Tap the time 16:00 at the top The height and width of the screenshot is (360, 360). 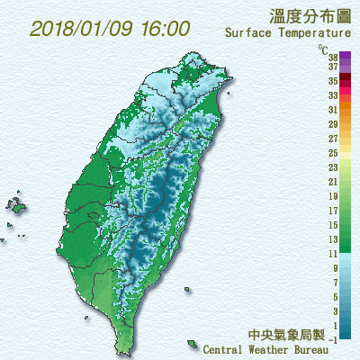pyautogui.click(x=164, y=28)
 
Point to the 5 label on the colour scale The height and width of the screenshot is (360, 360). pyautogui.click(x=335, y=296)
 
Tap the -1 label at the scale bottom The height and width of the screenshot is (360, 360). pyautogui.click(x=333, y=338)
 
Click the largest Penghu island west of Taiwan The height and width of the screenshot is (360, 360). pyautogui.click(x=16, y=206)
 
